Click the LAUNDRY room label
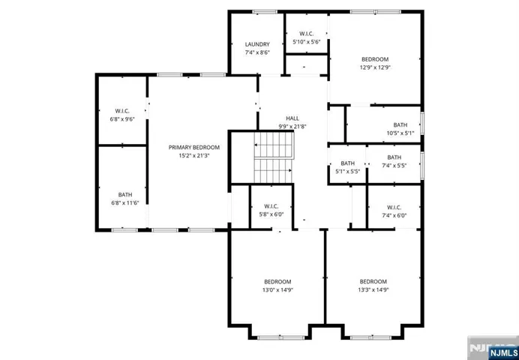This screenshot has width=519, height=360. click(x=257, y=44)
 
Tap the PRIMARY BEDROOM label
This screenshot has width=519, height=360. click(x=194, y=148)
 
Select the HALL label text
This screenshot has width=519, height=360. click(x=292, y=118)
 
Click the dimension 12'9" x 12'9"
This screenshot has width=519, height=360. click(x=375, y=67)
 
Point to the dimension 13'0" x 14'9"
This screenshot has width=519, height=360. click(x=277, y=289)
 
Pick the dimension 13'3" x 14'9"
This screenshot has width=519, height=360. click(x=373, y=289)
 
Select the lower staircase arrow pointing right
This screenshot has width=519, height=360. click(x=274, y=171)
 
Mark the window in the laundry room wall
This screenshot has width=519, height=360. click(x=265, y=12)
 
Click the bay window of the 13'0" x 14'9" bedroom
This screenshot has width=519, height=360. click(x=280, y=337)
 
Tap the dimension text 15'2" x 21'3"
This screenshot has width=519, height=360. click(x=194, y=155)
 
